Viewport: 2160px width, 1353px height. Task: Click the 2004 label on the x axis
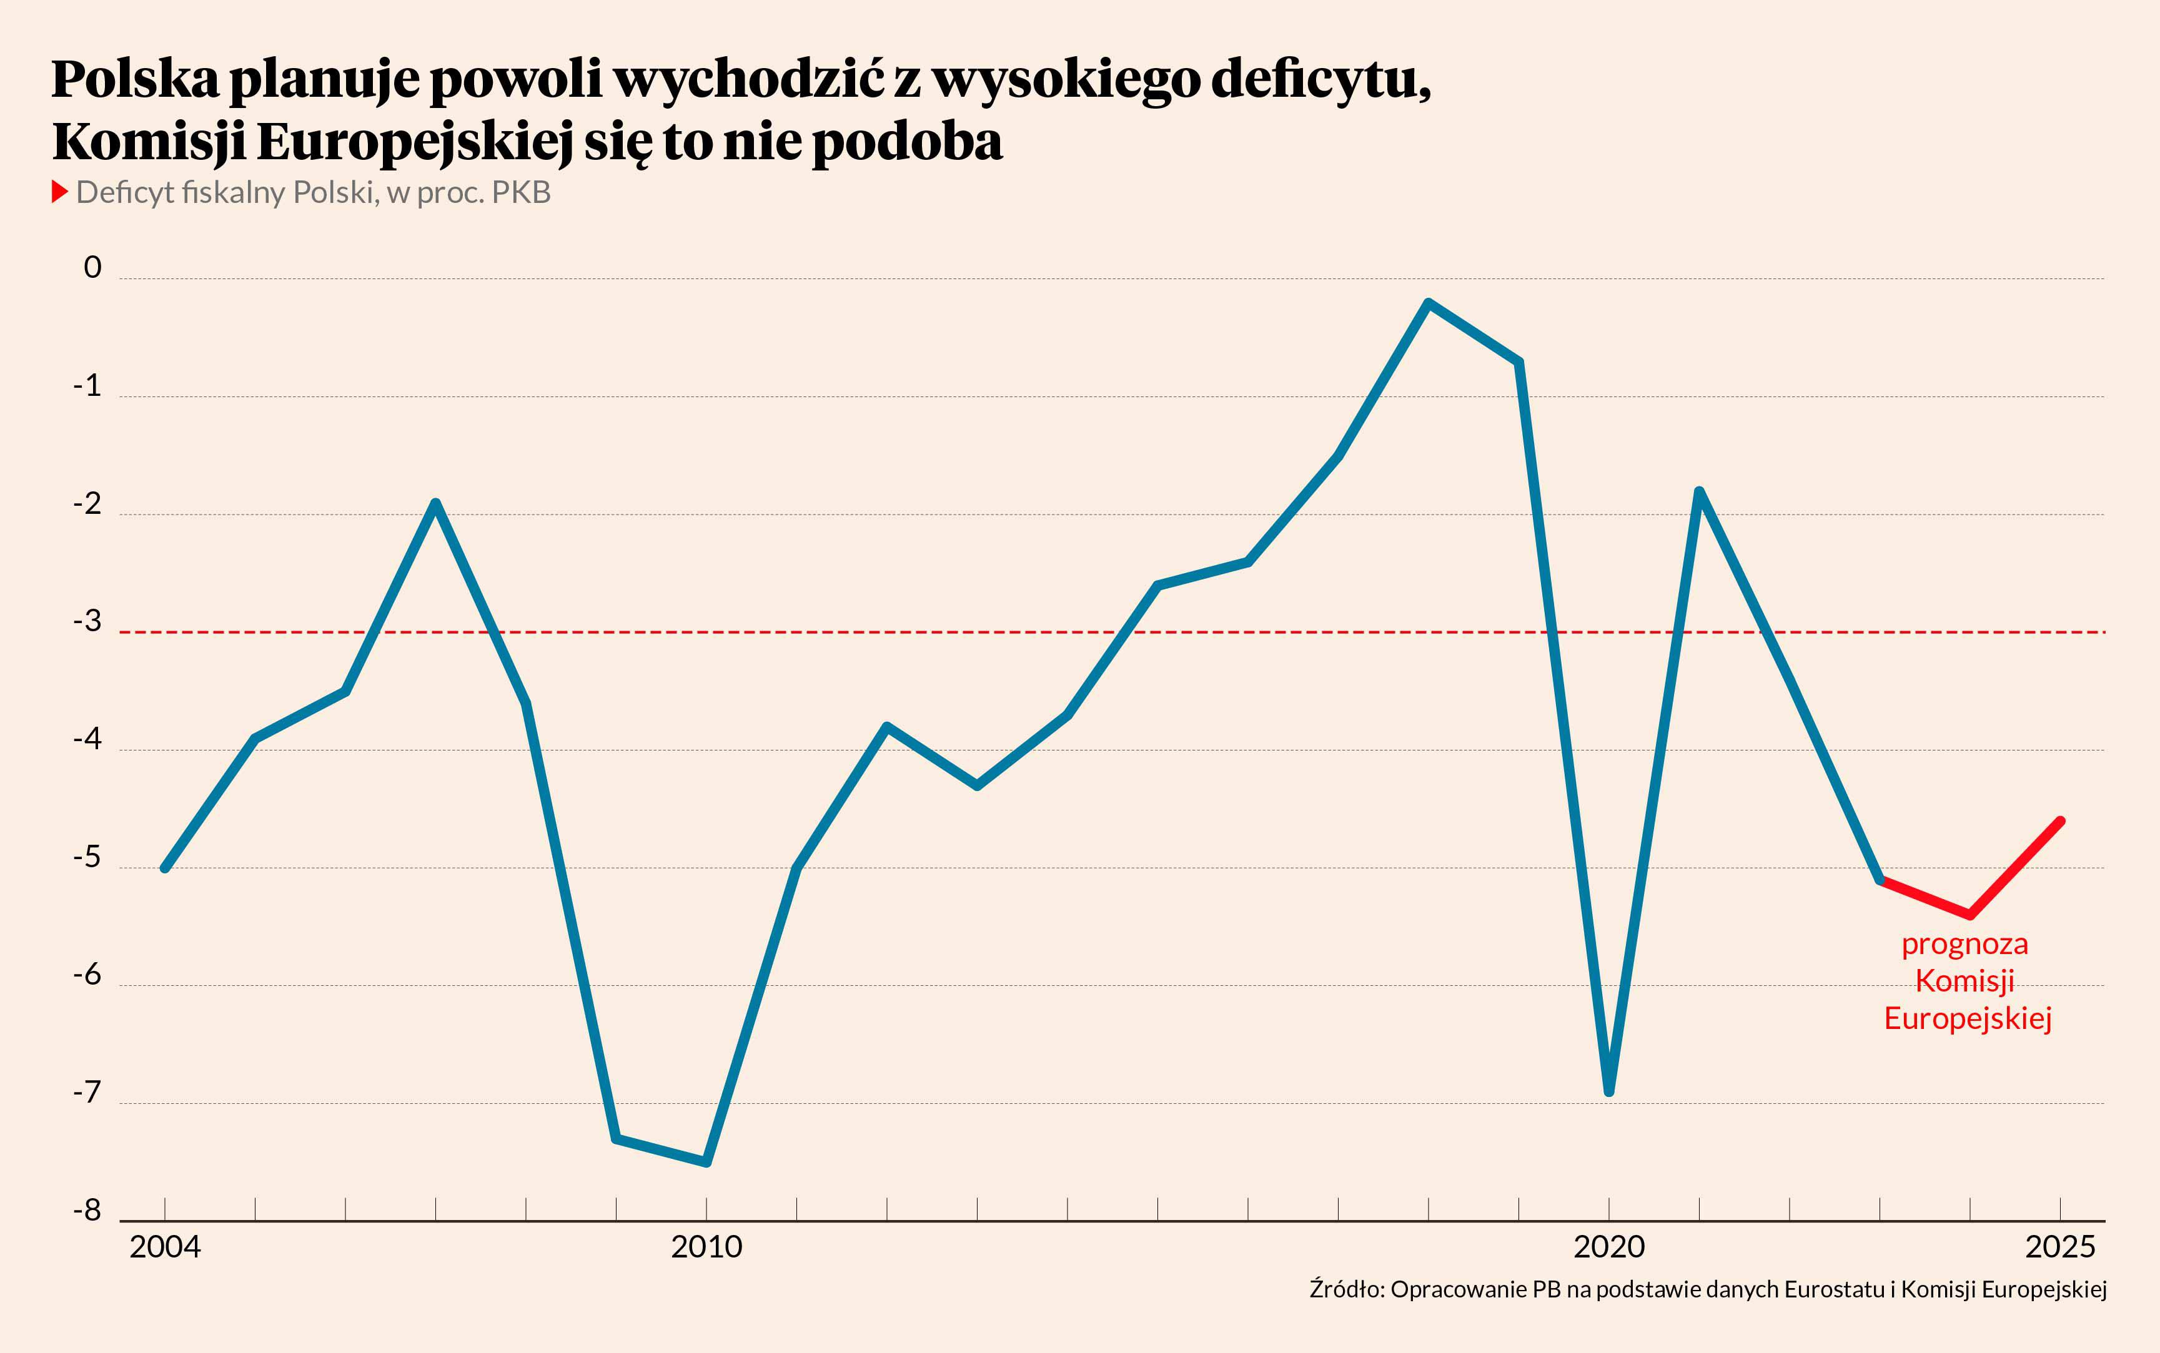[165, 1246]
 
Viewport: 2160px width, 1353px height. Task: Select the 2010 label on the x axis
[706, 1246]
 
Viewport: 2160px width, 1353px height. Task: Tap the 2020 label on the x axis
[1608, 1246]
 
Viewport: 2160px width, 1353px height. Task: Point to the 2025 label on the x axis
[2059, 1246]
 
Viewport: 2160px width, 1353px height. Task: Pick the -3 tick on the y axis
[87, 621]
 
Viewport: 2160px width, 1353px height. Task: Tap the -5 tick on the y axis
[87, 857]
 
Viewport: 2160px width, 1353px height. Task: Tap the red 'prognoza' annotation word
[1965, 944]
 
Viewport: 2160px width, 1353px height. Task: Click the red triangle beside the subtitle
[59, 192]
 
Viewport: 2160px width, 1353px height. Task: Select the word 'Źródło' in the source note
[1346, 1289]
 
